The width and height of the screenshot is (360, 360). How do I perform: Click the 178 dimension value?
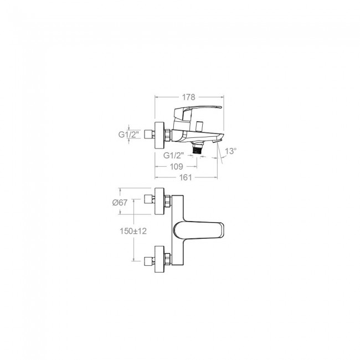[x=188, y=97]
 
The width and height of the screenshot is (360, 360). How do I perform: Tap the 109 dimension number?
[x=176, y=167]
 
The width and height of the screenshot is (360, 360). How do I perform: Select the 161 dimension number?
[x=186, y=177]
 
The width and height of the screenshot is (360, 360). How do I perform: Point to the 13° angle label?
[x=230, y=151]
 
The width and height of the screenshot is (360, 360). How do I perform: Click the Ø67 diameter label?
[x=120, y=203]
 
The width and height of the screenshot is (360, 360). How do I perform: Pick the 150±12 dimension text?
[x=133, y=231]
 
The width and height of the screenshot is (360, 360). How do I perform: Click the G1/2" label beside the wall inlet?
[x=129, y=135]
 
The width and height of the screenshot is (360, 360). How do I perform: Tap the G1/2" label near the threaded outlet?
[x=173, y=156]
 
